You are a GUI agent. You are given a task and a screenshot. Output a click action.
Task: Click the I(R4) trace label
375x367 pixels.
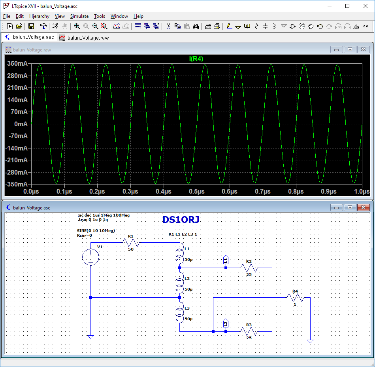pos(196,59)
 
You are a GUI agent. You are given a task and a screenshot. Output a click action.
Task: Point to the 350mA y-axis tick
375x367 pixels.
pos(17,64)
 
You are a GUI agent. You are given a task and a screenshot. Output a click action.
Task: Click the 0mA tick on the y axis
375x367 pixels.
pos(21,124)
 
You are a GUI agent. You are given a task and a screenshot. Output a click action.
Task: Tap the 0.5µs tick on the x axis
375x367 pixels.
pos(196,191)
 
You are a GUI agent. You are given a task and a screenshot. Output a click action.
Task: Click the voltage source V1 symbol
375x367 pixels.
pos(90,257)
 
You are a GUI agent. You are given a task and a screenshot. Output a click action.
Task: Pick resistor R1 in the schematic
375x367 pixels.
pos(131,243)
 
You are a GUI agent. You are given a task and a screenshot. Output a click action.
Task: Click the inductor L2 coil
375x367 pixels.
pos(179,283)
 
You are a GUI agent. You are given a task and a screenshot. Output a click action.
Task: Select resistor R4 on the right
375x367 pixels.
pos(295,297)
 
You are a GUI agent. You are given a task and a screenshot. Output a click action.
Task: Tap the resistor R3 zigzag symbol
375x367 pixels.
pos(249,331)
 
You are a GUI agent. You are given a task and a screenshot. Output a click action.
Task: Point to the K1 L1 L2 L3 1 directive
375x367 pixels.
pos(183,234)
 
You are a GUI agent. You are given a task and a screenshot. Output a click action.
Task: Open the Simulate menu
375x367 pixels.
pos(79,16)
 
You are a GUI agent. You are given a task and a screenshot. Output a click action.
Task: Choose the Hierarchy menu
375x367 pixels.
pos(39,16)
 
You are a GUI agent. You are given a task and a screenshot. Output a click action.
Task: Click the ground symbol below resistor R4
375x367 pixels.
pos(311,341)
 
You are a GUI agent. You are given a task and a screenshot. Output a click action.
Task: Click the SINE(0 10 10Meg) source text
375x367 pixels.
pos(96,230)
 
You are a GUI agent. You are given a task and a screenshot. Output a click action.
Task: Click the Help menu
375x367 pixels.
pos(138,16)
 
